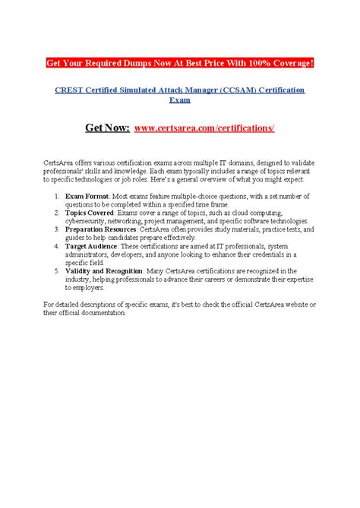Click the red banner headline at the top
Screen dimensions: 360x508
coord(179,62)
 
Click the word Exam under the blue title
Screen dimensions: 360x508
coord(179,99)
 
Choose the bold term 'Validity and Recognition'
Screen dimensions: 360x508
coord(107,271)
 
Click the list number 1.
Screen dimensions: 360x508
coord(58,196)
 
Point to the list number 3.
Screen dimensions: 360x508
coord(58,230)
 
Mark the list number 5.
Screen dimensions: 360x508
coord(58,271)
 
